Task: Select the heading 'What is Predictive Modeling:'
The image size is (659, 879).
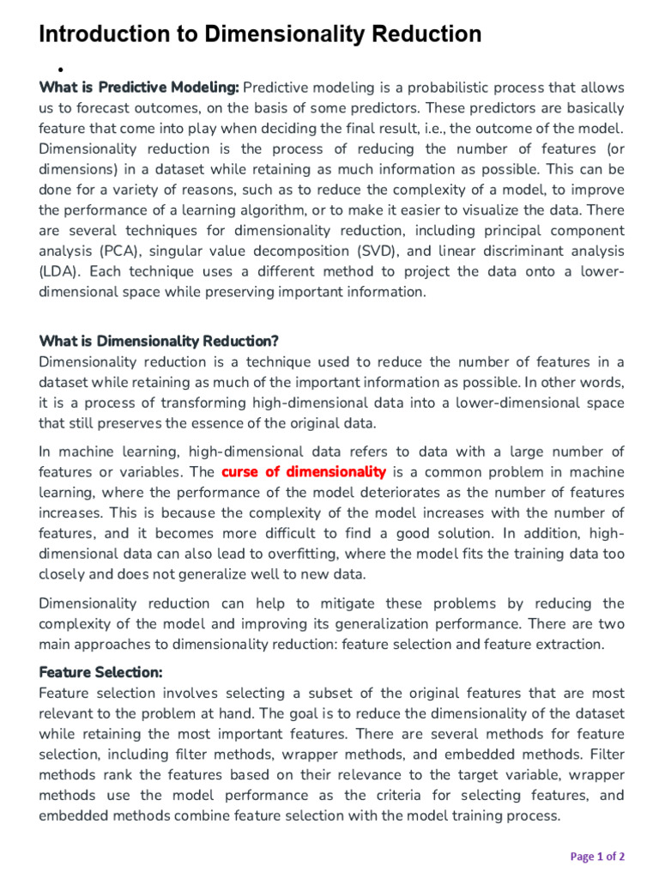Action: point(139,88)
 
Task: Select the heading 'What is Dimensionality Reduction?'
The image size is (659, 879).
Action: point(159,342)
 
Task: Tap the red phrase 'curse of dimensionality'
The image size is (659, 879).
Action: point(304,472)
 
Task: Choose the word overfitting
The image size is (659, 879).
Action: point(288,555)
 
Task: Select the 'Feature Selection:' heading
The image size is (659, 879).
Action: point(101,672)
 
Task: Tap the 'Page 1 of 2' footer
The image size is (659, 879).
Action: point(598,856)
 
